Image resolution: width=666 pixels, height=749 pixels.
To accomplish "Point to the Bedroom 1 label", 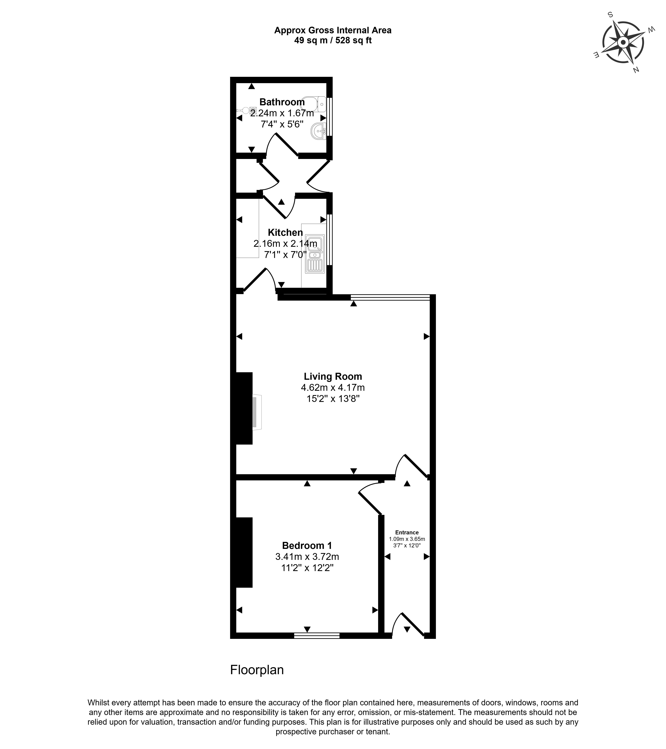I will coord(307,546).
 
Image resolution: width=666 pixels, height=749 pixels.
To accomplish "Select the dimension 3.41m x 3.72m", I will coord(307,557).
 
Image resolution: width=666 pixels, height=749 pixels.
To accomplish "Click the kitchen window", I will coord(330,239).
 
